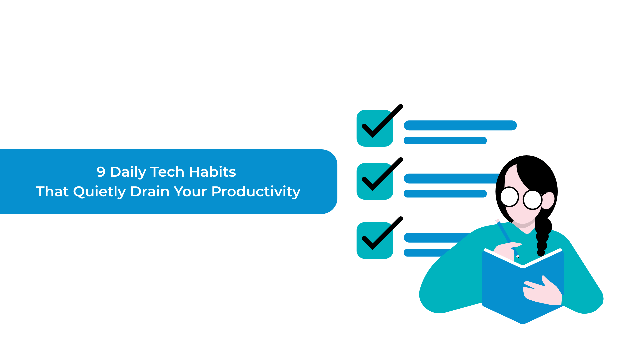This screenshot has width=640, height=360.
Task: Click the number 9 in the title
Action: [x=101, y=172]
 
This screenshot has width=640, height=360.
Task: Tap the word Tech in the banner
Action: [x=167, y=172]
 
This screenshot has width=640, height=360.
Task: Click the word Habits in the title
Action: [x=213, y=172]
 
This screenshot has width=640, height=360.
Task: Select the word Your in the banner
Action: [x=191, y=192]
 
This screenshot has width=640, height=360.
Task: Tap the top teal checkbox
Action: [x=375, y=128]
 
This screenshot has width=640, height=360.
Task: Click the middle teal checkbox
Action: [x=375, y=181]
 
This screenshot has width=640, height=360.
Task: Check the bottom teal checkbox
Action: [x=375, y=240]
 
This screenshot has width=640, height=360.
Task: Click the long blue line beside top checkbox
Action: [x=460, y=125]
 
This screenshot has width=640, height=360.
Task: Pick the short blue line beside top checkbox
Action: [x=445, y=140]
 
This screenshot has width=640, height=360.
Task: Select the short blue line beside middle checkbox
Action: [x=445, y=194]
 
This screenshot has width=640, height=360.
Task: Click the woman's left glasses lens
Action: [x=509, y=197]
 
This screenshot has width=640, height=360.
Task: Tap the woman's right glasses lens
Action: [x=532, y=200]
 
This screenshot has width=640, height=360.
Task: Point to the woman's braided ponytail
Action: [x=543, y=235]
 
